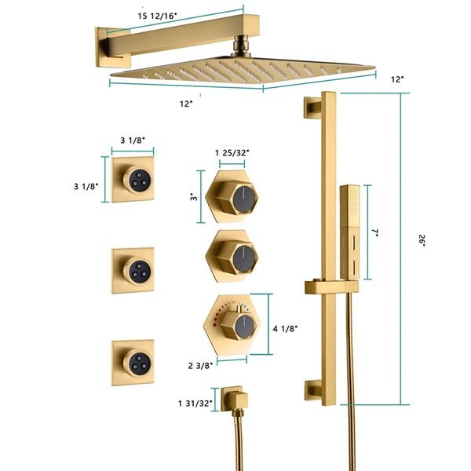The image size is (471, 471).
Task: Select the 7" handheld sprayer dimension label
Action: tap(376, 233)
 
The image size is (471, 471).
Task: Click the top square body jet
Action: tap(133, 179)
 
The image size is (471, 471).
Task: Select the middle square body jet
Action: tap(133, 271)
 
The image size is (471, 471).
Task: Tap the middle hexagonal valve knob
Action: tap(231, 255)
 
